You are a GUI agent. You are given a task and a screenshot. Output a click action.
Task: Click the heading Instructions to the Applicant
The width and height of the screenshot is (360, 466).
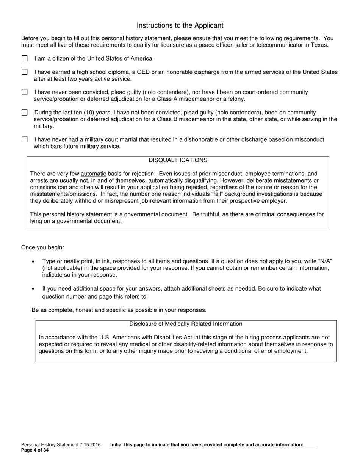[x=180, y=25]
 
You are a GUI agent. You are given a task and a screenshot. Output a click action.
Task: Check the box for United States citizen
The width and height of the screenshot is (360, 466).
[x=25, y=58]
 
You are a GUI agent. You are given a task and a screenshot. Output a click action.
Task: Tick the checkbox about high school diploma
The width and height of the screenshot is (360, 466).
[x=25, y=72]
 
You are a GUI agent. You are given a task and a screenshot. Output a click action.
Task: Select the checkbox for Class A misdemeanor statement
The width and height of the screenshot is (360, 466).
[x=25, y=92]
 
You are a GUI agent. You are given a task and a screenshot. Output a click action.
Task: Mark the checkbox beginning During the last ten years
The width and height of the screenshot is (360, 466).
[x=25, y=113]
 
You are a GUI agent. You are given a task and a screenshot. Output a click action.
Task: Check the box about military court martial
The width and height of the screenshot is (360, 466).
[x=25, y=139]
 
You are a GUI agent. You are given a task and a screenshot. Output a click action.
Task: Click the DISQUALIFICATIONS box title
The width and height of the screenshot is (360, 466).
[x=178, y=160]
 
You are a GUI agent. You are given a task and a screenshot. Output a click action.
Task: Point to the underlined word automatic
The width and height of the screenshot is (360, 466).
[x=93, y=174]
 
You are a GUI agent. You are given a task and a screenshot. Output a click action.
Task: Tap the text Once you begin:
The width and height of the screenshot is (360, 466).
[x=42, y=247]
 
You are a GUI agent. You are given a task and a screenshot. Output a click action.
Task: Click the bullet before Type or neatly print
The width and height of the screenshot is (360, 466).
[x=34, y=261]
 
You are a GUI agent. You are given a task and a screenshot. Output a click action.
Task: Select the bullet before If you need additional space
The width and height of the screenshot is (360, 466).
[x=34, y=289]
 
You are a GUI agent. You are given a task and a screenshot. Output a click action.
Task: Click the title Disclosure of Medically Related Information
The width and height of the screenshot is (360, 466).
[x=186, y=324]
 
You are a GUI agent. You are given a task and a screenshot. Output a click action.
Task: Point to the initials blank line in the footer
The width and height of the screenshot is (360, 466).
[x=311, y=445]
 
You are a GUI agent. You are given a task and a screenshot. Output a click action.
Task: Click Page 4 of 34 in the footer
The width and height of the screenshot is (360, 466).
[x=35, y=450]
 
